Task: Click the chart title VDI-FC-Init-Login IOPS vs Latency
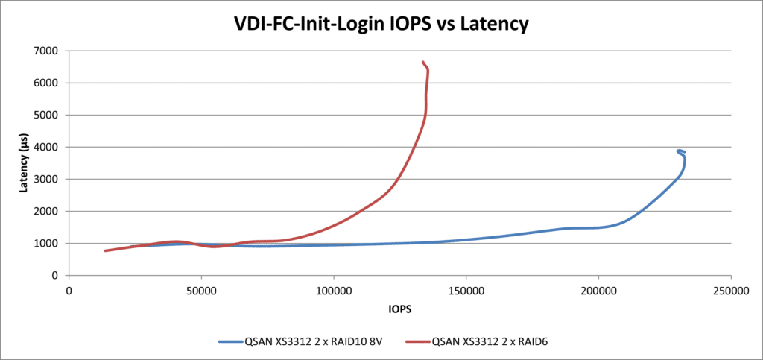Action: (381, 24)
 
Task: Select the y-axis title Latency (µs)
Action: (24, 162)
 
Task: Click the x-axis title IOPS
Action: (399, 308)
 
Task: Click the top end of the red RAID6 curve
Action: (423, 62)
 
